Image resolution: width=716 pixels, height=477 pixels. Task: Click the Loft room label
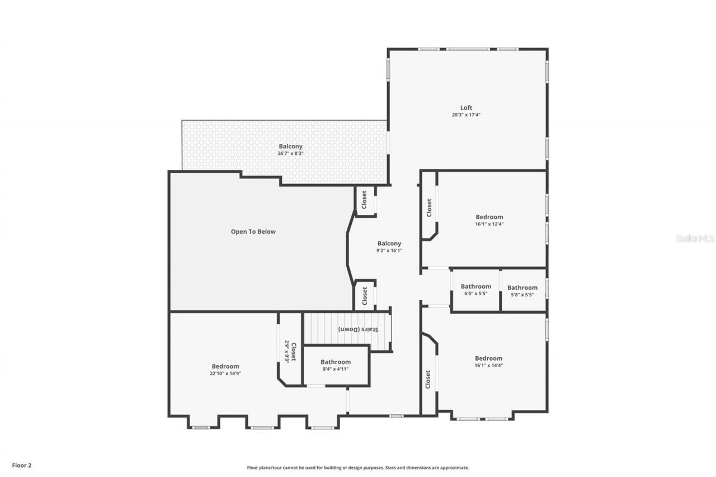(x=466, y=108)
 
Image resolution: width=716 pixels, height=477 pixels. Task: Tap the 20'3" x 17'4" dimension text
(x=466, y=115)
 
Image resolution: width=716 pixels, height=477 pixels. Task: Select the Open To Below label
(x=253, y=232)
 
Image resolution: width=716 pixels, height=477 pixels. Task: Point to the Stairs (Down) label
(x=358, y=329)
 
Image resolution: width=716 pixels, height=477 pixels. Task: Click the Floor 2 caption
(x=22, y=465)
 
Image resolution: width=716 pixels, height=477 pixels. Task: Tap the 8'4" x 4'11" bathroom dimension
(x=336, y=369)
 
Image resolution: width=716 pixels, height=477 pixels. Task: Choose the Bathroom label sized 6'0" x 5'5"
(x=476, y=287)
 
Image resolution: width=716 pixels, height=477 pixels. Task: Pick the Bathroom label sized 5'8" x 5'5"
(x=522, y=287)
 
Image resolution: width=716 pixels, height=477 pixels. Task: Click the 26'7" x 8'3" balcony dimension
(x=290, y=153)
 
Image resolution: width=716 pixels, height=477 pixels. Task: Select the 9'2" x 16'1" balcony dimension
(x=389, y=251)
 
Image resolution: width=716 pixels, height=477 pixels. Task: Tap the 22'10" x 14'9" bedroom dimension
(x=225, y=374)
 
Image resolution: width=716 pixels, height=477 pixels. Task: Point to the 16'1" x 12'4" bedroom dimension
(x=489, y=224)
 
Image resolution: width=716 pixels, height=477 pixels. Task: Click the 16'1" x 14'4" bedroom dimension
(x=489, y=365)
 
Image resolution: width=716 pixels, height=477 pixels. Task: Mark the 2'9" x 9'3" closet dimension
(x=287, y=352)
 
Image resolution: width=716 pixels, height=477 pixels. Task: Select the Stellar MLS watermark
(x=695, y=238)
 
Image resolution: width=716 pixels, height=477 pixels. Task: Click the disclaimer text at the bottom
(x=358, y=467)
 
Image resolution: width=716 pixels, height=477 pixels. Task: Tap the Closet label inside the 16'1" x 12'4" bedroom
(x=429, y=208)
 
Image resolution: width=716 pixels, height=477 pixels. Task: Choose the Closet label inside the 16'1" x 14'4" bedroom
(x=428, y=379)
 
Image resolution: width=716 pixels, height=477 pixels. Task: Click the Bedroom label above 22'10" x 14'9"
(x=225, y=366)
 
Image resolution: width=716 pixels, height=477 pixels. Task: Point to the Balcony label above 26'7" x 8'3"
(x=291, y=147)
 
